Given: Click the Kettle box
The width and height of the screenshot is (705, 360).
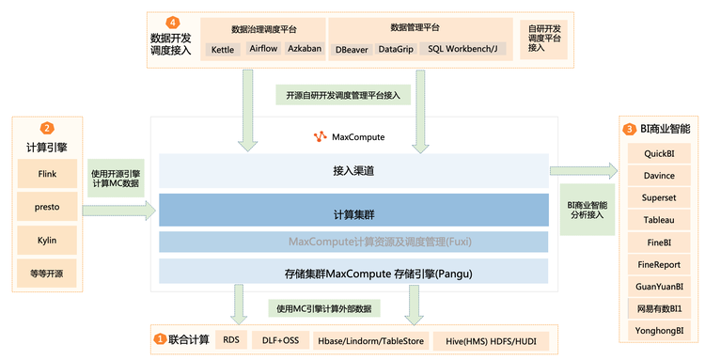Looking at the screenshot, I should pyautogui.click(x=224, y=48).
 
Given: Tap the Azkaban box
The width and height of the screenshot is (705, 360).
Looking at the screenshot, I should pyautogui.click(x=305, y=48).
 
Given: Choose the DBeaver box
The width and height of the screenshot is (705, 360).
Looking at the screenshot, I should pyautogui.click(x=352, y=48).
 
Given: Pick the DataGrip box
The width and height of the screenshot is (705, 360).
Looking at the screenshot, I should pyautogui.click(x=395, y=48).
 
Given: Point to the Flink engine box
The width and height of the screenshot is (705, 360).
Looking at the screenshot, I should pyautogui.click(x=47, y=175).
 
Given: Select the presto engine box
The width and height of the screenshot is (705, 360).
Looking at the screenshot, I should pyautogui.click(x=47, y=208).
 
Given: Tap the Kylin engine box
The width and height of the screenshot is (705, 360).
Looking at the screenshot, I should pyautogui.click(x=47, y=241).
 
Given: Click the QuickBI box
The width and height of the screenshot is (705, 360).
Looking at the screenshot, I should pyautogui.click(x=659, y=153).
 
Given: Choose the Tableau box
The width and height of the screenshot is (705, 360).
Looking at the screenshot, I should pyautogui.click(x=659, y=220).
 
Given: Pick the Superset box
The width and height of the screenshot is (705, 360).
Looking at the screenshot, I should pyautogui.click(x=659, y=197).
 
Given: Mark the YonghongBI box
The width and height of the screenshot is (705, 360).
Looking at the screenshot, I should pyautogui.click(x=659, y=330).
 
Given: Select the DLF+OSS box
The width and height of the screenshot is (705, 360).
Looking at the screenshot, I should pyautogui.click(x=278, y=338).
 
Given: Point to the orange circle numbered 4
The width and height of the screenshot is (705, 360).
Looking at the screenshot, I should pyautogui.click(x=172, y=22).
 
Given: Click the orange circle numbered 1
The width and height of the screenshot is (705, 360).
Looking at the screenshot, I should pyautogui.click(x=161, y=338).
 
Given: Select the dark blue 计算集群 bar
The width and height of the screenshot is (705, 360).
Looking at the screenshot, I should pyautogui.click(x=353, y=211).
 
